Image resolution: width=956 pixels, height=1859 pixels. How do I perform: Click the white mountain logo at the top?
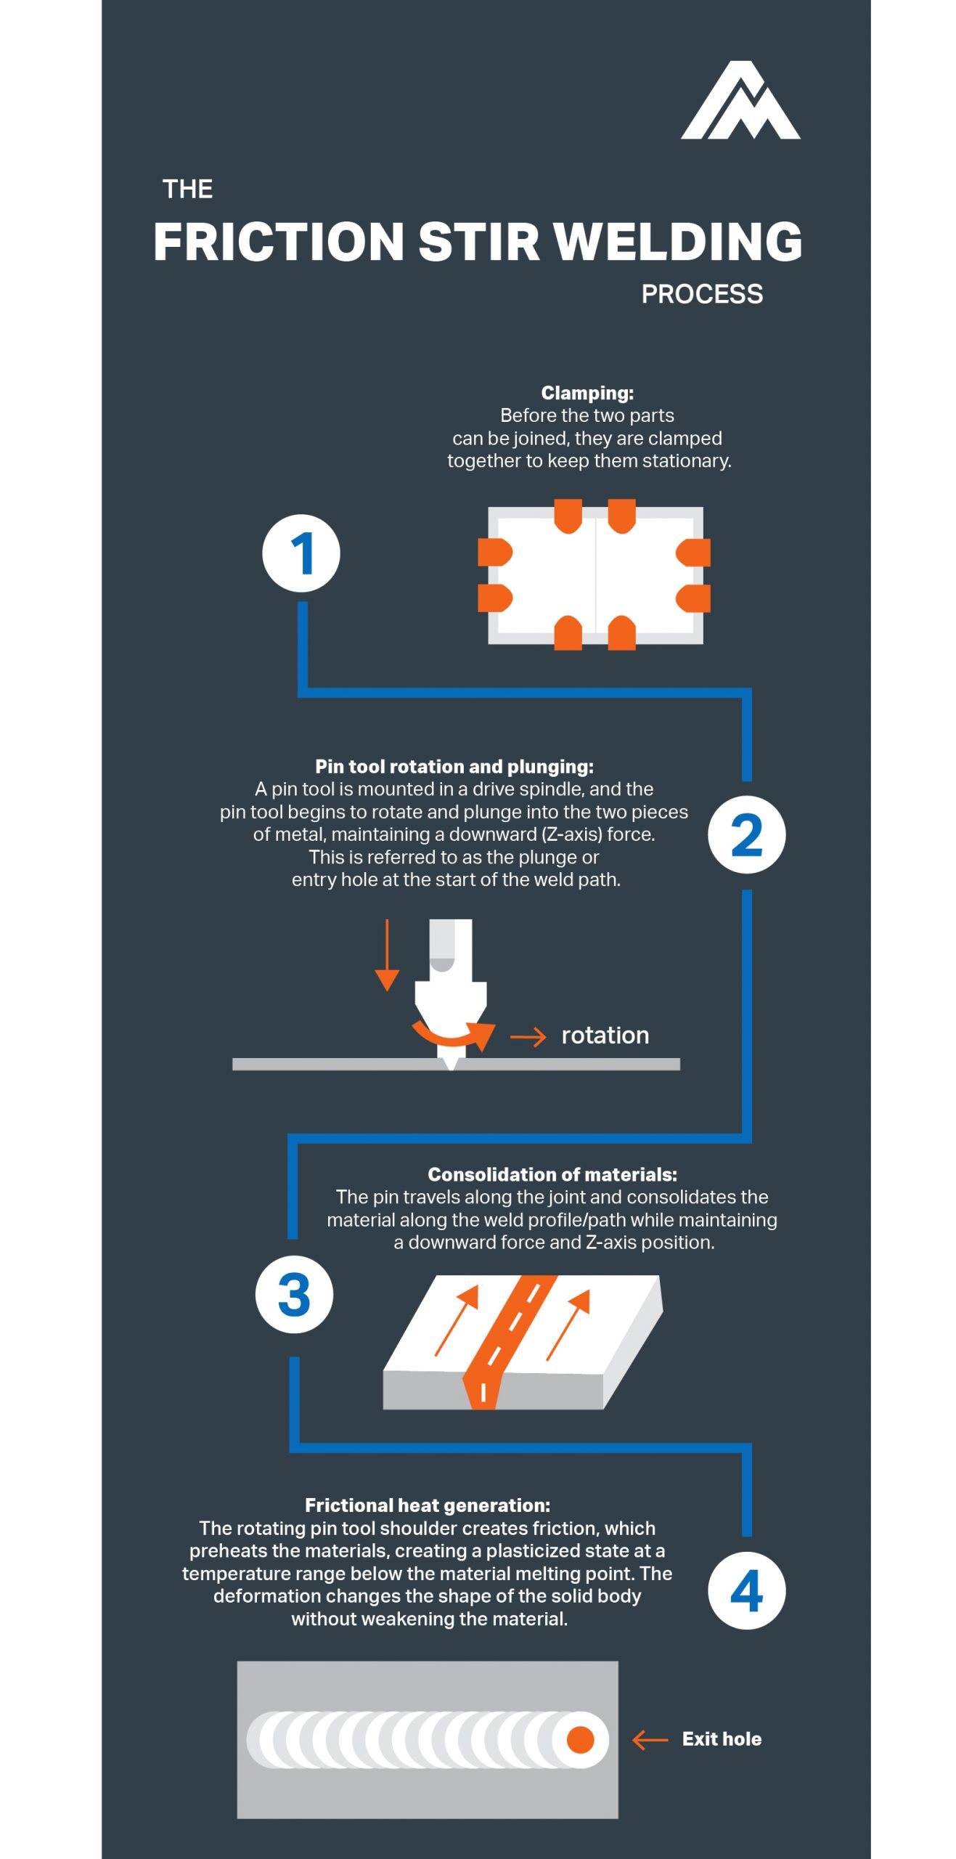pyautogui.click(x=739, y=102)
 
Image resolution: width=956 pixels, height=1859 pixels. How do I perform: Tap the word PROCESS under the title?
pyautogui.click(x=701, y=294)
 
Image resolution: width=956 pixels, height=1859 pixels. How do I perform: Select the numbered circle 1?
pyautogui.click(x=301, y=553)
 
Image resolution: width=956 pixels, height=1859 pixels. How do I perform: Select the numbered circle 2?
pyautogui.click(x=745, y=834)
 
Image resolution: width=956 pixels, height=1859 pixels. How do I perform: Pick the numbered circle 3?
pyautogui.click(x=293, y=1294)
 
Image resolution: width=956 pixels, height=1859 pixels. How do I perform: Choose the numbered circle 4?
pyautogui.click(x=745, y=1590)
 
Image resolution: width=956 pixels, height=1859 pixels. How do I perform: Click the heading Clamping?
pyautogui.click(x=587, y=393)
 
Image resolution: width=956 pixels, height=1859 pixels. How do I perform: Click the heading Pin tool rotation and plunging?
pyautogui.click(x=454, y=766)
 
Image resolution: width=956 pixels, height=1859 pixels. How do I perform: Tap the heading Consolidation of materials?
pyautogui.click(x=552, y=1174)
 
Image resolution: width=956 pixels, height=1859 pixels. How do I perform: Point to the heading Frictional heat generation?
pyautogui.click(x=427, y=1505)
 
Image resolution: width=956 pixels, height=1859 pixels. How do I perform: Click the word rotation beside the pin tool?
pyautogui.click(x=605, y=1035)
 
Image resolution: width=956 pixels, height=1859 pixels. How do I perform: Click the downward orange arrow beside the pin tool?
pyautogui.click(x=387, y=956)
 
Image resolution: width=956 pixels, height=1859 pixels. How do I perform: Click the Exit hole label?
pyautogui.click(x=721, y=1739)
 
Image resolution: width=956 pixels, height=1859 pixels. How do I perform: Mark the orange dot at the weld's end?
pyautogui.click(x=579, y=1740)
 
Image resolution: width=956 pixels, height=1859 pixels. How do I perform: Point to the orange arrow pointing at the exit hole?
pyautogui.click(x=649, y=1740)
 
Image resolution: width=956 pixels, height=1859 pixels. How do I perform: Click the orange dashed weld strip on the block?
pyautogui.click(x=508, y=1336)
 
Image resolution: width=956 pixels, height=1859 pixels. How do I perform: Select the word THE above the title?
pyautogui.click(x=187, y=189)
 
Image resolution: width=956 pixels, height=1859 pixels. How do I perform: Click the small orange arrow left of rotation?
pyautogui.click(x=528, y=1037)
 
